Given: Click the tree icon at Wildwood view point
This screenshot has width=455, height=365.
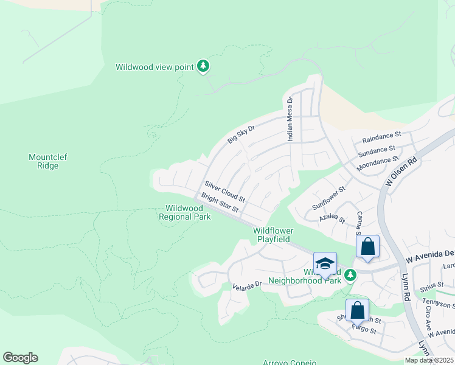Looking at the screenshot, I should coord(204,66).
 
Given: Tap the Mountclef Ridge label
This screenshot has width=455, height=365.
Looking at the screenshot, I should coord(47,161).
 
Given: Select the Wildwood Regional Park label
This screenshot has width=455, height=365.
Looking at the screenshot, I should coord(184,212).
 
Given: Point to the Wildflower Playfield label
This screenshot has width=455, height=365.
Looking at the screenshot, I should coord(273,235).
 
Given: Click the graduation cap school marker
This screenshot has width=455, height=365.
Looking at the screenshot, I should coord(325,263).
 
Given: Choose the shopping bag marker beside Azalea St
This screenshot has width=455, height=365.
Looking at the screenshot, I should coord(367,246).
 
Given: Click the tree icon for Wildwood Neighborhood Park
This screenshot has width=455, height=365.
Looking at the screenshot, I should coord(350,276).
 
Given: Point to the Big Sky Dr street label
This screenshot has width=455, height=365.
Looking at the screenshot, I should coord(240,134).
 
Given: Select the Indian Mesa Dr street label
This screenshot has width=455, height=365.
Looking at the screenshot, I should coord(290,119).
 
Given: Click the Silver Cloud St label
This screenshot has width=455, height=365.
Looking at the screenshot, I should coord(224,192).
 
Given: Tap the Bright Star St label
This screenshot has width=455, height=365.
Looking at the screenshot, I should coord(220,204).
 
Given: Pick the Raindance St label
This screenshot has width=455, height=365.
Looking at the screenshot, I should coord(381,135).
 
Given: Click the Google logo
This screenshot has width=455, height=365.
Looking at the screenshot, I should coord(20,357).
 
